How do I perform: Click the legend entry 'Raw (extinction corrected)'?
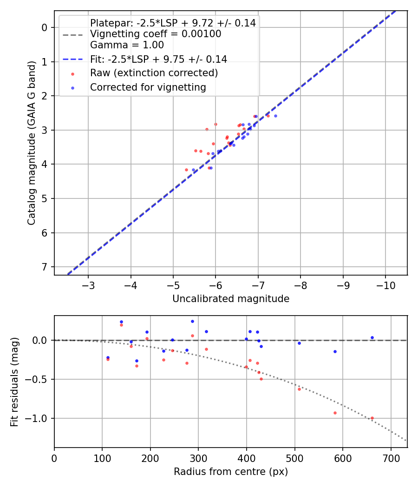point(154,73)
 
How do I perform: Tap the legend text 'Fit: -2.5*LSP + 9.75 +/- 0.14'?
point(158,59)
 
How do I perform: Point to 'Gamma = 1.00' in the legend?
point(127,46)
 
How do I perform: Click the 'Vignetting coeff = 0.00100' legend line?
point(156,34)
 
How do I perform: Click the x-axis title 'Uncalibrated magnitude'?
point(231,299)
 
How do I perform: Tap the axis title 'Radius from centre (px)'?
point(231,472)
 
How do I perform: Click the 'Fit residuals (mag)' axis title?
point(15,382)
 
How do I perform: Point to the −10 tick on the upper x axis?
point(385,284)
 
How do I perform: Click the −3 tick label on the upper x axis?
point(88,284)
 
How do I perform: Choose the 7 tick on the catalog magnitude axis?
point(45,267)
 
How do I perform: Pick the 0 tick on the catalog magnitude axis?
point(45,27)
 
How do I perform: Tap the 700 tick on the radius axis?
point(391,457)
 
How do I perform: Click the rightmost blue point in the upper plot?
point(275,116)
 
